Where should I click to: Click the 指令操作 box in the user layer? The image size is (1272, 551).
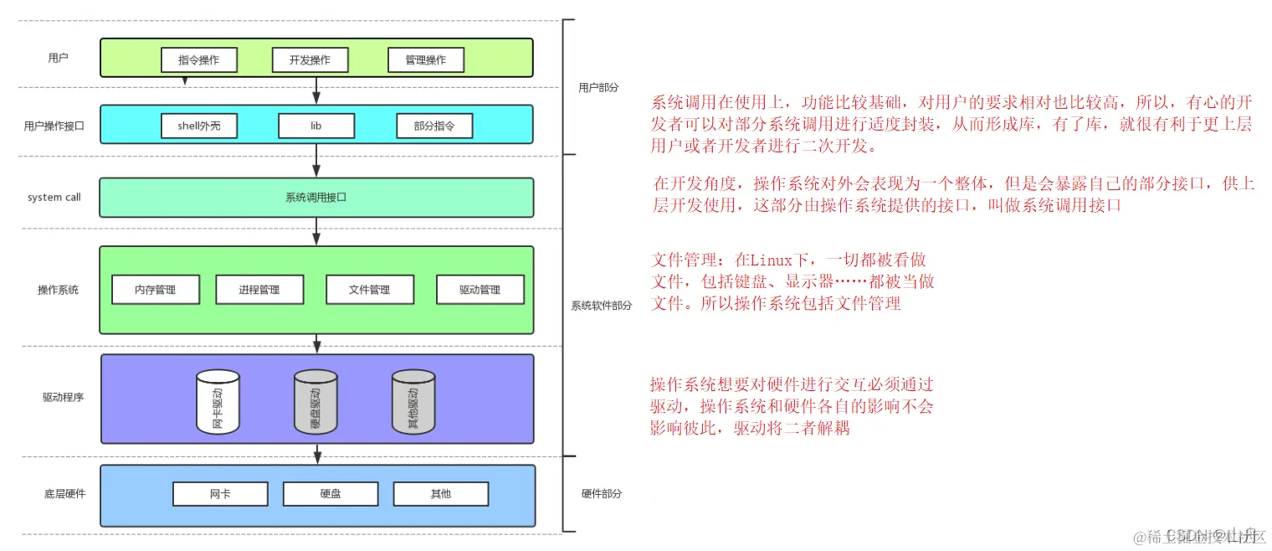(198, 59)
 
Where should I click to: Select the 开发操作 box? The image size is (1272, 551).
(310, 59)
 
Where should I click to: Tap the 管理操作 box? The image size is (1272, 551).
(425, 59)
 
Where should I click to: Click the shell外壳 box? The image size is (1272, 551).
(198, 126)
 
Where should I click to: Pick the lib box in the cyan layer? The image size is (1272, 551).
(315, 126)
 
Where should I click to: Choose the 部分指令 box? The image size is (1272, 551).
(433, 126)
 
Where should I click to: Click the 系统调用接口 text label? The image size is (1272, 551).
(315, 198)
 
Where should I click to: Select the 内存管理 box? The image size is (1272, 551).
(156, 290)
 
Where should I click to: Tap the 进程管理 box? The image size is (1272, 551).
(259, 290)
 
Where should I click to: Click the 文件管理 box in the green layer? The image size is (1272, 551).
(369, 290)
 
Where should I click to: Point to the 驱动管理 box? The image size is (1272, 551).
(480, 290)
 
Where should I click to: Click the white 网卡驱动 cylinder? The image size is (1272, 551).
(218, 403)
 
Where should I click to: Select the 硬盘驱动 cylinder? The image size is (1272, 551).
(315, 403)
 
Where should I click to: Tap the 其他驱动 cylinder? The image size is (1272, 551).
(413, 403)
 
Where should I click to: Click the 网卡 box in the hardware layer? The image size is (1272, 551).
(220, 494)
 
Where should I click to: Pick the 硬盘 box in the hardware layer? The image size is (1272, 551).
(331, 494)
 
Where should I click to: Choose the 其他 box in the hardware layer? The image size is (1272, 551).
(440, 494)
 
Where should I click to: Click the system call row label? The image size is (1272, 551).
(54, 198)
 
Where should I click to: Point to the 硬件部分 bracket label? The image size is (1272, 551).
(602, 494)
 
